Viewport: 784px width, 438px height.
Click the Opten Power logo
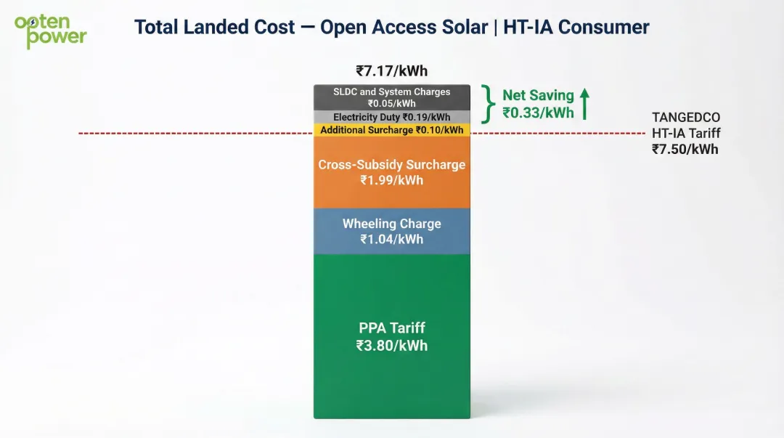[x=50, y=31]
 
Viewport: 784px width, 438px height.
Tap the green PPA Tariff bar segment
[x=391, y=378]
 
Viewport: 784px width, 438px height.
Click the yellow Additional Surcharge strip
[x=391, y=130]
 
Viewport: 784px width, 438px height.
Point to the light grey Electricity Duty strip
[x=391, y=117]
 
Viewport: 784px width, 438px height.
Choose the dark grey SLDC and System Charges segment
[x=391, y=97]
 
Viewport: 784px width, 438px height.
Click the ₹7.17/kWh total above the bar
[x=391, y=71]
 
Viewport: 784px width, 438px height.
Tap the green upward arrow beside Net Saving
[x=584, y=104]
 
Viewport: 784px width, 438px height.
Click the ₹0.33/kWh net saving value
[x=538, y=113]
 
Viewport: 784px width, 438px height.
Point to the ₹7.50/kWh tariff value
[x=685, y=149]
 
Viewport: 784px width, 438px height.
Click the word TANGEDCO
[x=686, y=118]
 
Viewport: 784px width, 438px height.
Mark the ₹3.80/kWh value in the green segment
[x=391, y=346]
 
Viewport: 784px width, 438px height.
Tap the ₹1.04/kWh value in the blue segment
[x=391, y=239]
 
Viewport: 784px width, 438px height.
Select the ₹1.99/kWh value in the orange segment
[x=391, y=179]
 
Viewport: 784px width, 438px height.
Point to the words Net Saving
[x=538, y=95]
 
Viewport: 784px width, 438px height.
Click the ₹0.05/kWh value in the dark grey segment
[x=391, y=103]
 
